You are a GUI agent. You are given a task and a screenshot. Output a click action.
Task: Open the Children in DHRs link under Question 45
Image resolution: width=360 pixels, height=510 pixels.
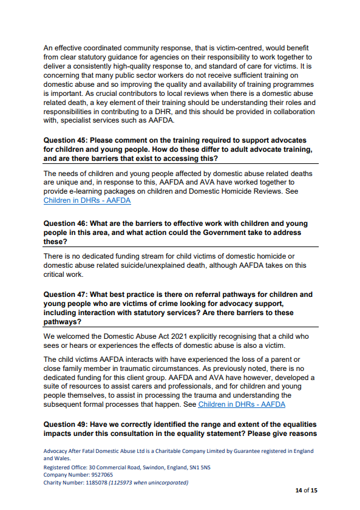point(87,200)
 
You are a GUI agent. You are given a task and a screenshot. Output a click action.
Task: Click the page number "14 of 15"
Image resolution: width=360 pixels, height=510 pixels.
point(304,490)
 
